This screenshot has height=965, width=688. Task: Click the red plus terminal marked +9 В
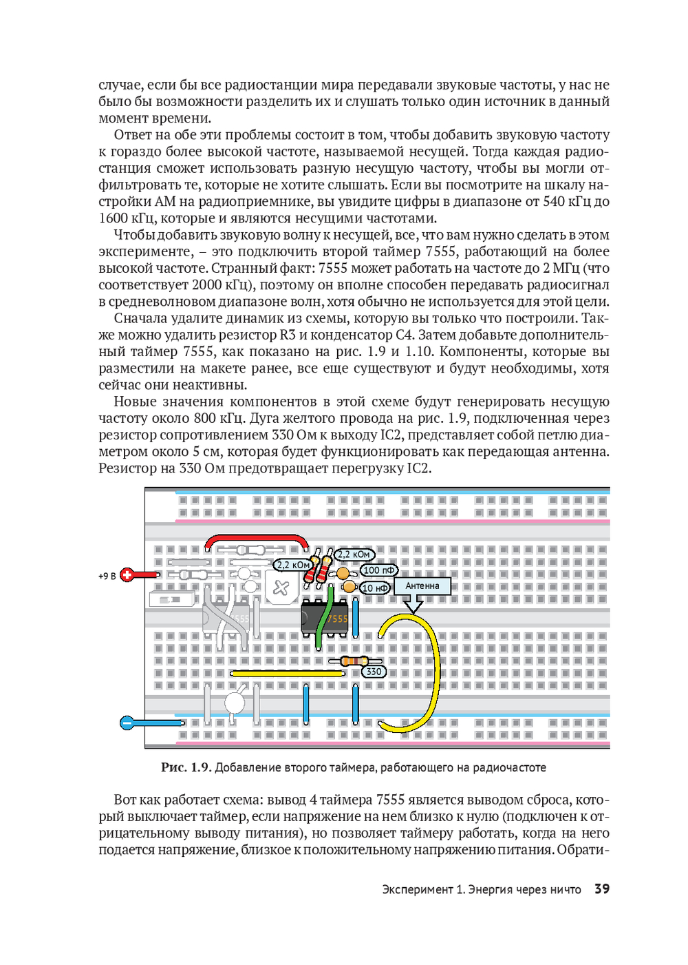coord(127,574)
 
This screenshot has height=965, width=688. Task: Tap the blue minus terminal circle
coord(127,723)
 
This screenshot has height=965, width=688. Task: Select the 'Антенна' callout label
coord(422,586)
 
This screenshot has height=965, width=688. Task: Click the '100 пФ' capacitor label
coord(379,570)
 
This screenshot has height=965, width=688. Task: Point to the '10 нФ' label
coord(376,588)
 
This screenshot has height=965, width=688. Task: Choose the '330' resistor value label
coord(374,672)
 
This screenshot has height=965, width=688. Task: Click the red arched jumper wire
coord(257,538)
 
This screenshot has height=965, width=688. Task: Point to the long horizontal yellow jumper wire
coord(288,673)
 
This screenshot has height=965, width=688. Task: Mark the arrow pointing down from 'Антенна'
coord(413,604)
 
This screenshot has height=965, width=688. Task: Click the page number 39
coord(602,889)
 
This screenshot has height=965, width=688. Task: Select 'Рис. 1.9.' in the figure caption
coord(185,767)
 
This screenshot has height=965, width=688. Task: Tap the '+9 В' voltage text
coord(107,576)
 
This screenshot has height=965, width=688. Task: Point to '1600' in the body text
coord(114,218)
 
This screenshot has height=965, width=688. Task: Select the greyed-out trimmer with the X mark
coord(281,588)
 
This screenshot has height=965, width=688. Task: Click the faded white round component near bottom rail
coord(235,703)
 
